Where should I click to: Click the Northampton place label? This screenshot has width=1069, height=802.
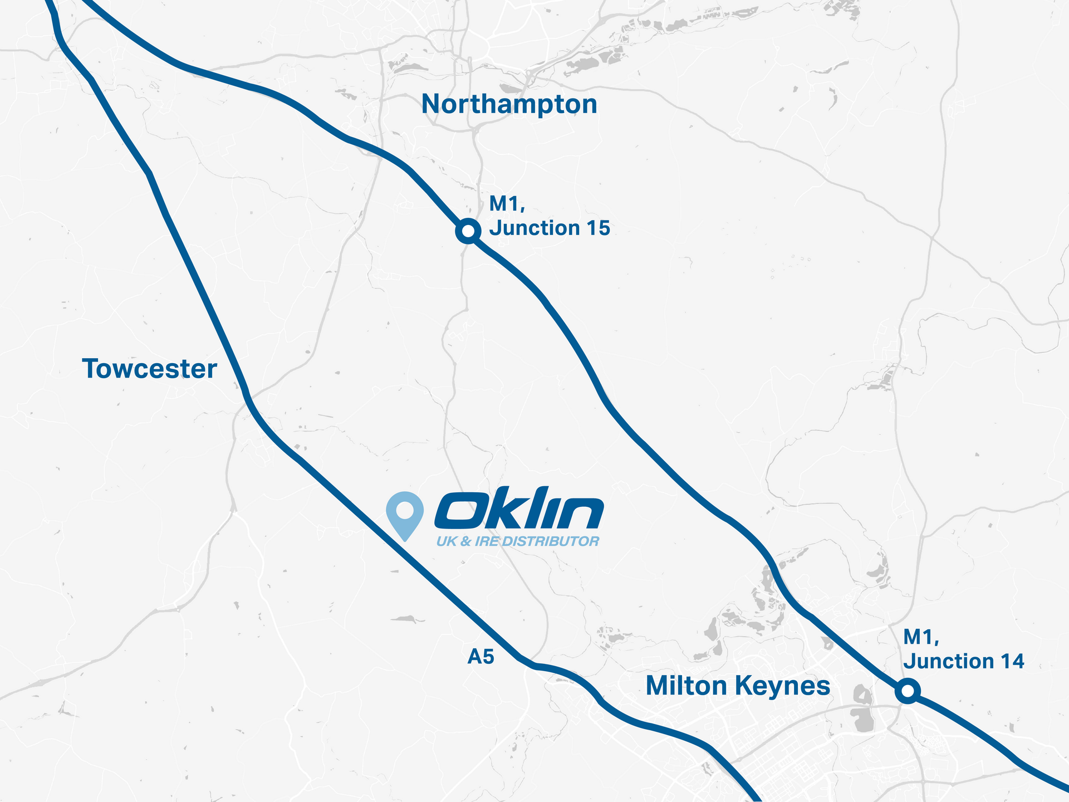[x=509, y=104]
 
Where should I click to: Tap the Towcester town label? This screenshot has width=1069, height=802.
[x=149, y=369]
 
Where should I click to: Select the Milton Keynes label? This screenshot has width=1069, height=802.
[x=738, y=686]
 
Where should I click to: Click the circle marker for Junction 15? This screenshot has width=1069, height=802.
[x=468, y=231]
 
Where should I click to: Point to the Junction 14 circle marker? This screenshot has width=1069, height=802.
[x=908, y=691]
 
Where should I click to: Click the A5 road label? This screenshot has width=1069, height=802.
[x=481, y=657]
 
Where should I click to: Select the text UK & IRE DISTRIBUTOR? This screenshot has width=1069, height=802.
[x=518, y=541]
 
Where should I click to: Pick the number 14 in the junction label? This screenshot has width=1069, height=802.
[x=1011, y=661]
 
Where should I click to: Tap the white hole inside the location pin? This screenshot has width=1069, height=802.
[x=405, y=508]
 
